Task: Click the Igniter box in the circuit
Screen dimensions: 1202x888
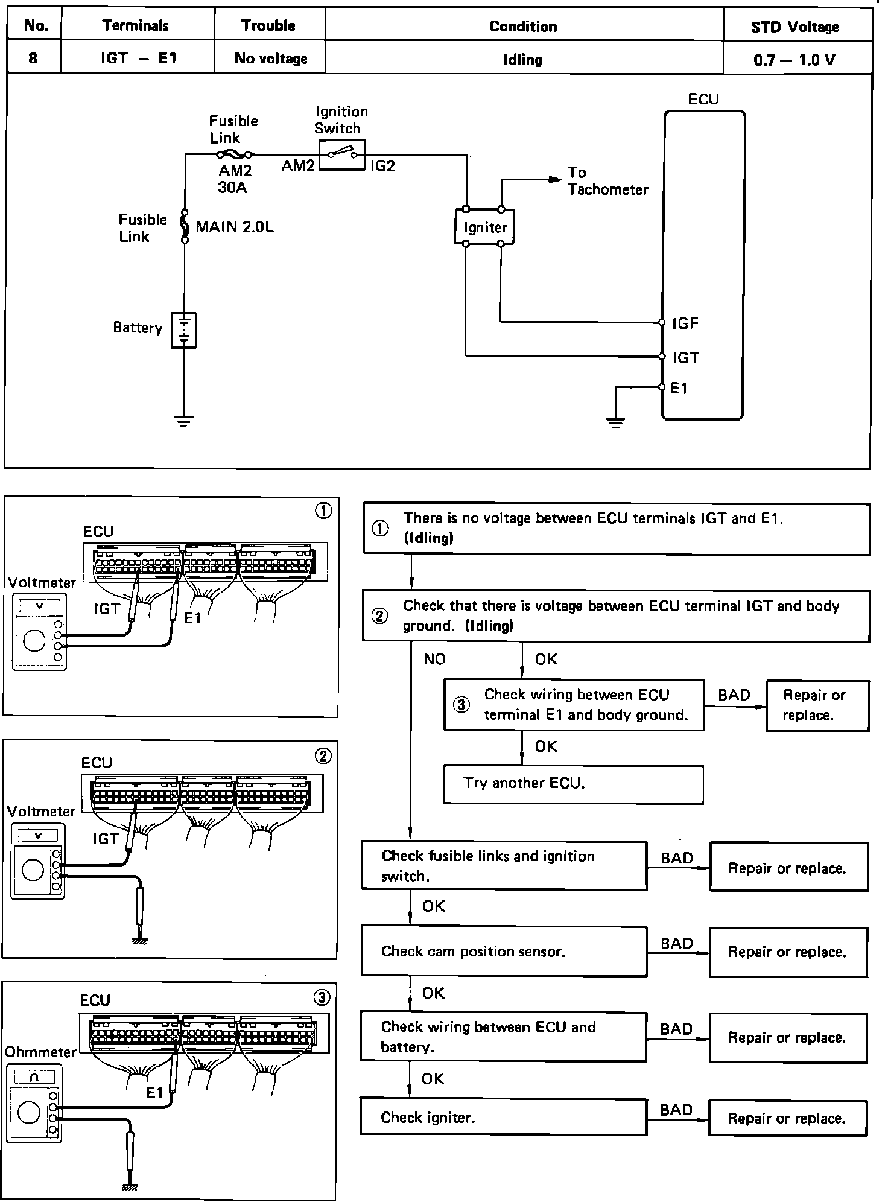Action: tap(484, 227)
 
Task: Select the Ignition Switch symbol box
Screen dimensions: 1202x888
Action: tap(342, 155)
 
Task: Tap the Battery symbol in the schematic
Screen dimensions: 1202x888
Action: tap(184, 330)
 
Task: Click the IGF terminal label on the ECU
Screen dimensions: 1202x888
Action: tap(685, 323)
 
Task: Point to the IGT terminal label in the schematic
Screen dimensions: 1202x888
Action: tap(686, 358)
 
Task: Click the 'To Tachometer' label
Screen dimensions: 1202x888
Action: tap(607, 181)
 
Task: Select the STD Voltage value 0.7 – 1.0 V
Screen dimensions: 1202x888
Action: tap(794, 60)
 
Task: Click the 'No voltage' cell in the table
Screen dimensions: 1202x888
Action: tap(271, 59)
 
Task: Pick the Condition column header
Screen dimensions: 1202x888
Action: tap(523, 27)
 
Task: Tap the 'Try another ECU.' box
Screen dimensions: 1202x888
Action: tap(573, 784)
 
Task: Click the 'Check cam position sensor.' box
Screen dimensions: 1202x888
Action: tap(504, 952)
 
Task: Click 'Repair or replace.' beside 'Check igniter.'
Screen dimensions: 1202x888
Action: tap(787, 1118)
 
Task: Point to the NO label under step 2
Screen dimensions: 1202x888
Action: tap(434, 659)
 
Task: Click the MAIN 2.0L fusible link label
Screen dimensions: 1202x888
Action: tap(235, 227)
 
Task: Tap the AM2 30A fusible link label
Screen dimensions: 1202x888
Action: tap(234, 179)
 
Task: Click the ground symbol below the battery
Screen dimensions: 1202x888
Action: tap(184, 421)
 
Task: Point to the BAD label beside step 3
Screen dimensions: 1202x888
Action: tap(734, 695)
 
